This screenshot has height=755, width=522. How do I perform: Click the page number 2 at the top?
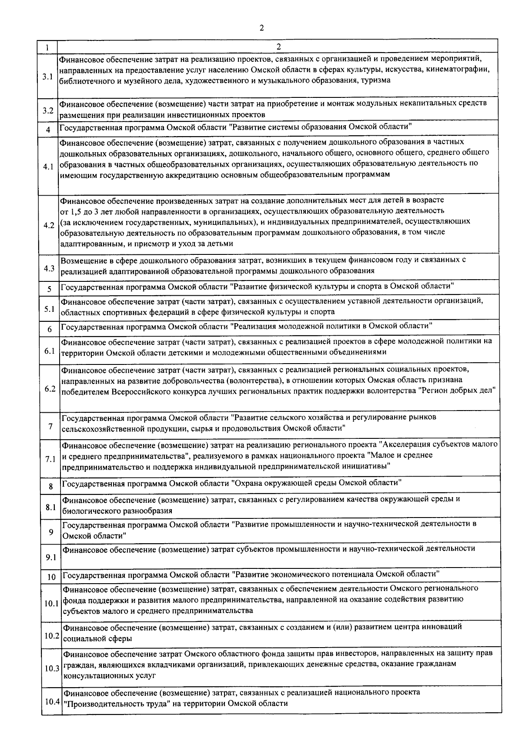pyautogui.click(x=261, y=28)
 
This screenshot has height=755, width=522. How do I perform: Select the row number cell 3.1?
pyautogui.click(x=47, y=77)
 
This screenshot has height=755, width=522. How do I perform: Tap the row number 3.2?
pyautogui.click(x=48, y=110)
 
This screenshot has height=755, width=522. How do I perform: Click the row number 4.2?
pyautogui.click(x=49, y=225)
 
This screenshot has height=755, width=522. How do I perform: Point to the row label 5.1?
pyautogui.click(x=49, y=309)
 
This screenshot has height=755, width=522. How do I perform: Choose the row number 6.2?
pyautogui.click(x=50, y=389)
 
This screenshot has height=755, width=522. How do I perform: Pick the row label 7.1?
pyautogui.click(x=50, y=459)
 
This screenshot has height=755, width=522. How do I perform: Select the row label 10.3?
pyautogui.click(x=52, y=668)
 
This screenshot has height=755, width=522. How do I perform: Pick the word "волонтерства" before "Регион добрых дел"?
pyautogui.click(x=393, y=391)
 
